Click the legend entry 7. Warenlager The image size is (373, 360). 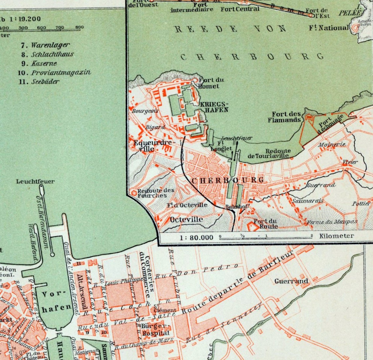pyautogui.click(x=46, y=45)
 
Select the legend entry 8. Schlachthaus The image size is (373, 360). pyautogui.click(x=48, y=54)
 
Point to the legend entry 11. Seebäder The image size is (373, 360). pyautogui.click(x=39, y=82)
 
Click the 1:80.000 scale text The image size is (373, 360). pyautogui.click(x=196, y=237)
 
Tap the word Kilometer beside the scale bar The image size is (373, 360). pyautogui.click(x=337, y=236)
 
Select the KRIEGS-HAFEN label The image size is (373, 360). pyautogui.click(x=214, y=107)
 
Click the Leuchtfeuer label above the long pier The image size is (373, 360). pyautogui.click(x=35, y=181)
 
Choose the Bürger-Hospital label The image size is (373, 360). pyautogui.click(x=155, y=330)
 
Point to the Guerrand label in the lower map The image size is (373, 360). pyautogui.click(x=291, y=281)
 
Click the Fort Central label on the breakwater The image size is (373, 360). pyautogui.click(x=240, y=9)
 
